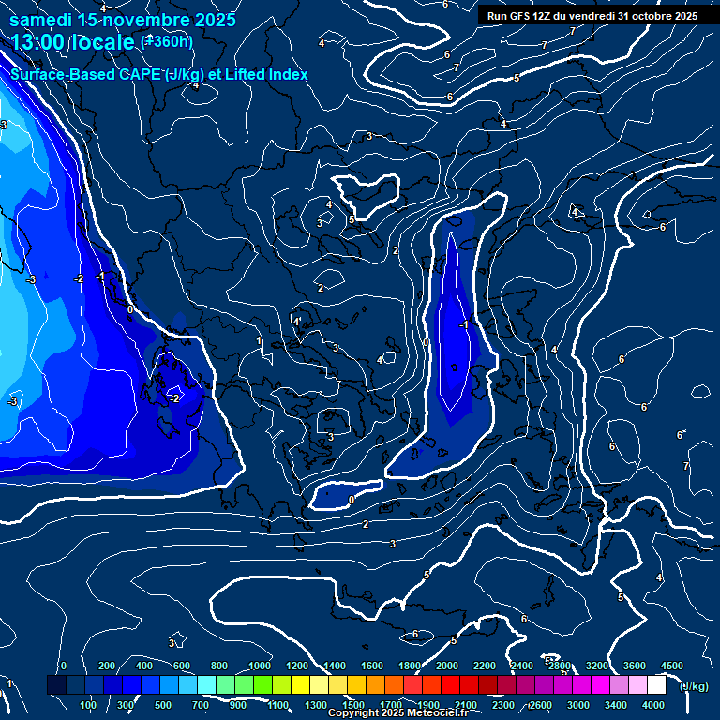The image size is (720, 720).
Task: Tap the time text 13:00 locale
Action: pyautogui.click(x=73, y=42)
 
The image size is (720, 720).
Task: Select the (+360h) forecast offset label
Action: pyautogui.click(x=166, y=41)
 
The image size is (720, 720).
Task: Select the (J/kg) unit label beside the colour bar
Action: pyautogui.click(x=693, y=687)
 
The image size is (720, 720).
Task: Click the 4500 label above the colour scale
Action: pyautogui.click(x=672, y=666)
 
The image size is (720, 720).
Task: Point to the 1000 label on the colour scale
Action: pyautogui.click(x=260, y=666)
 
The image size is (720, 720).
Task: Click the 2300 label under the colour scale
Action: pyautogui.click(x=503, y=704)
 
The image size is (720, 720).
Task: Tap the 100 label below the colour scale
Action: pyautogui.click(x=88, y=704)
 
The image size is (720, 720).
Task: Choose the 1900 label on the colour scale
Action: pyautogui.click(x=428, y=704)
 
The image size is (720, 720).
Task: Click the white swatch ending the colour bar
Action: pyautogui.click(x=656, y=685)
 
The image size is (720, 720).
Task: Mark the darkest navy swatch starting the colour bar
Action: pyautogui.click(x=56, y=685)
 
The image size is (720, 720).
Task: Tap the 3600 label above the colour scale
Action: pyautogui.click(x=635, y=666)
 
